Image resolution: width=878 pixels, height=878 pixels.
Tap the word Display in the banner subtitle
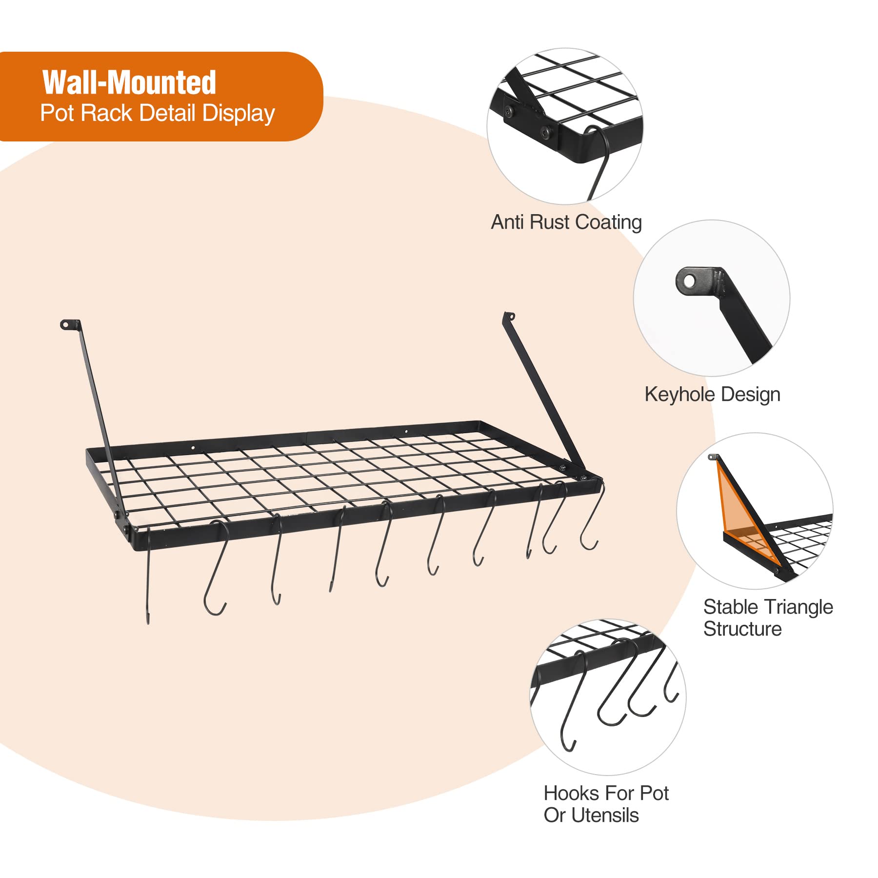239,113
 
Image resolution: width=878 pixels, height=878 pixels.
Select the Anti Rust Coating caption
566,222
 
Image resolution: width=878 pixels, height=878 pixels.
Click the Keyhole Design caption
712,395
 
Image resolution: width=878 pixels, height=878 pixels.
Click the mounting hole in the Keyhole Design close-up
689,281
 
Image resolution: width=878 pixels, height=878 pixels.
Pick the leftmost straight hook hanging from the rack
148,585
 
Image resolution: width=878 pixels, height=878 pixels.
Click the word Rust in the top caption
549,222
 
